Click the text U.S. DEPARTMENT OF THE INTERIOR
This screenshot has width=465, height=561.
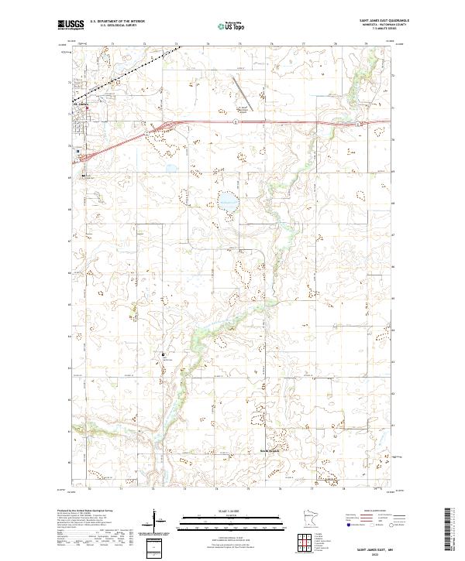click(118, 22)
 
